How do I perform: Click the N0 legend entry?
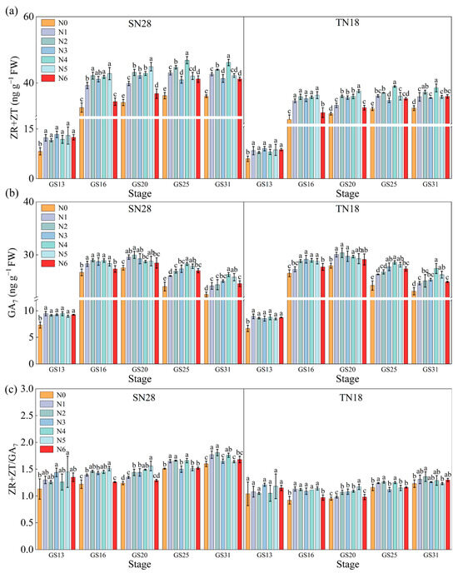pos(56,22)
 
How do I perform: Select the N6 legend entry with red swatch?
pos(56,78)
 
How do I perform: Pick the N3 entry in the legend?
pos(56,50)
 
